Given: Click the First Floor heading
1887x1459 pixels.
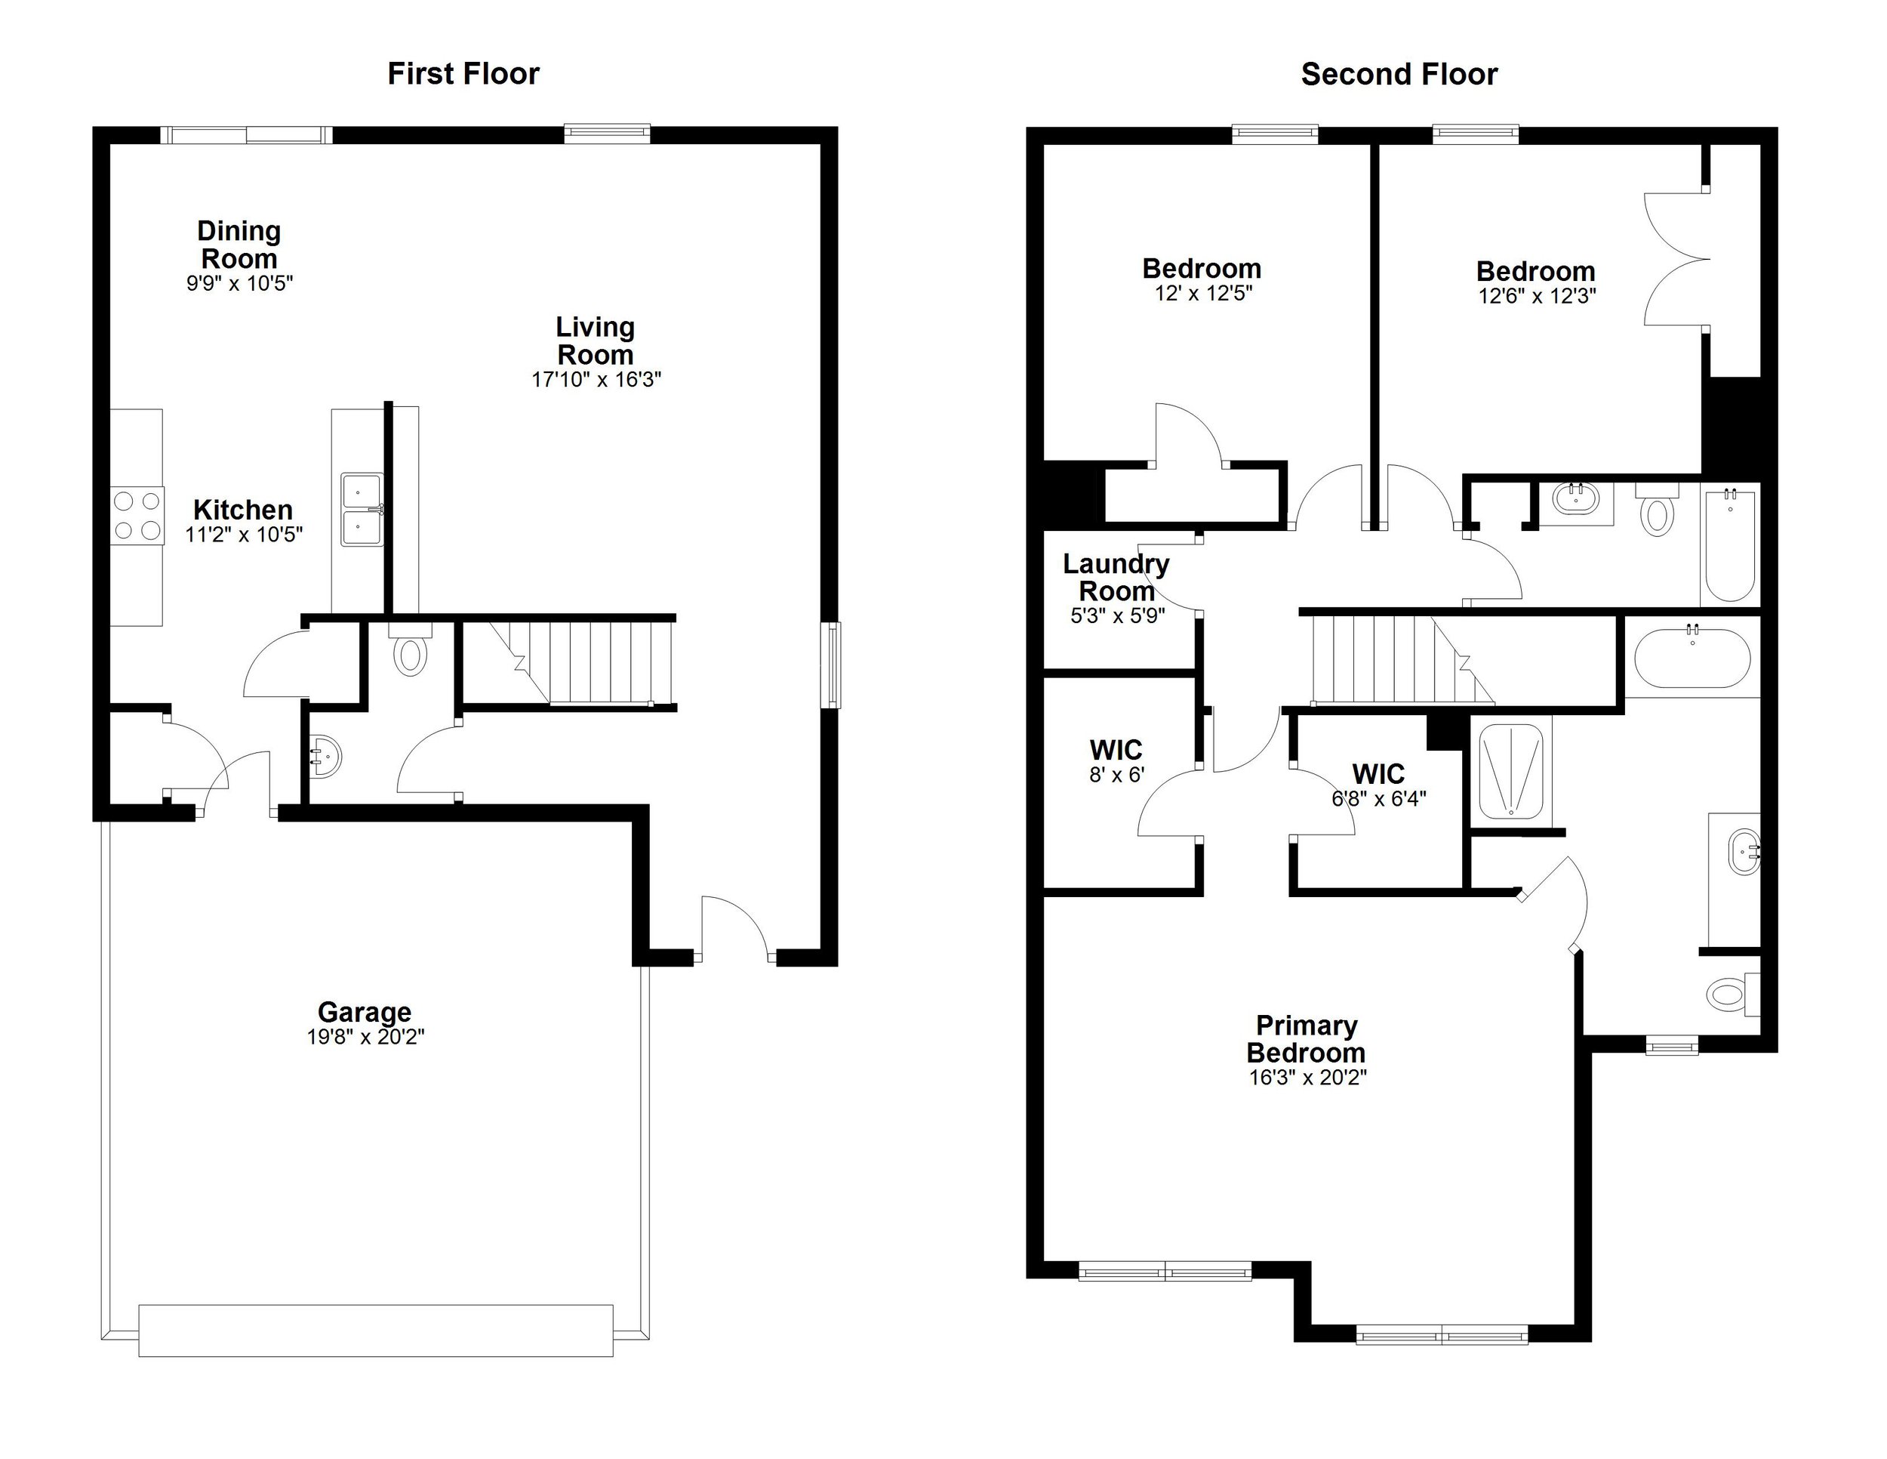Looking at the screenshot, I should [463, 73].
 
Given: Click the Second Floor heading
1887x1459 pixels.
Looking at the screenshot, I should [1399, 74].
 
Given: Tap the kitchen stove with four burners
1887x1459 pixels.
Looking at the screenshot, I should [137, 515].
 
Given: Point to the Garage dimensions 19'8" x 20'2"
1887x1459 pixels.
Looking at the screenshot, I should [365, 1036].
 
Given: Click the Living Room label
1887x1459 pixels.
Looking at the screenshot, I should [596, 341].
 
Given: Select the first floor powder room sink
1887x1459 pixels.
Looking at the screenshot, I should [326, 757].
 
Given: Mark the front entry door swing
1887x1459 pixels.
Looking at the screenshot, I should [734, 927].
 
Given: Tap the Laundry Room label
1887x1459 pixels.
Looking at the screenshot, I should [1116, 578].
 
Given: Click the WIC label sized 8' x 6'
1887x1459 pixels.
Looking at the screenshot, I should [1116, 749].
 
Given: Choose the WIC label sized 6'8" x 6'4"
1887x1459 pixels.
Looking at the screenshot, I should [1378, 773].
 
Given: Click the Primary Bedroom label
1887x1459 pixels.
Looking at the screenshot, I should [1307, 1039].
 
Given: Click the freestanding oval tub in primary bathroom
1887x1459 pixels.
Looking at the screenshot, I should [1692, 658].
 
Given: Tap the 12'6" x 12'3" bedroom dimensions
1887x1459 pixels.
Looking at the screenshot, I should [1536, 295].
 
